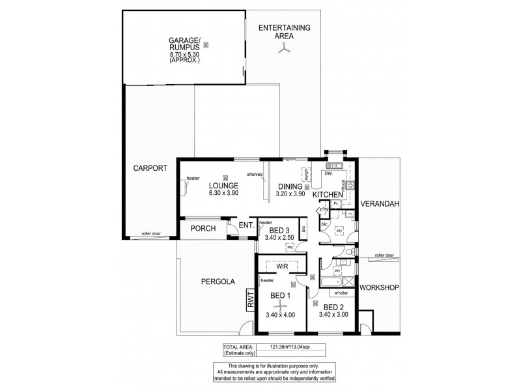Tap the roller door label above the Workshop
coord(384,255)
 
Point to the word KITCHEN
coord(328,195)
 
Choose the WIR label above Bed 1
coord(282,266)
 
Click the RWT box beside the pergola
coord(249,300)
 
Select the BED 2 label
coord(333,307)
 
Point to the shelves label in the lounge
coord(255,174)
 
